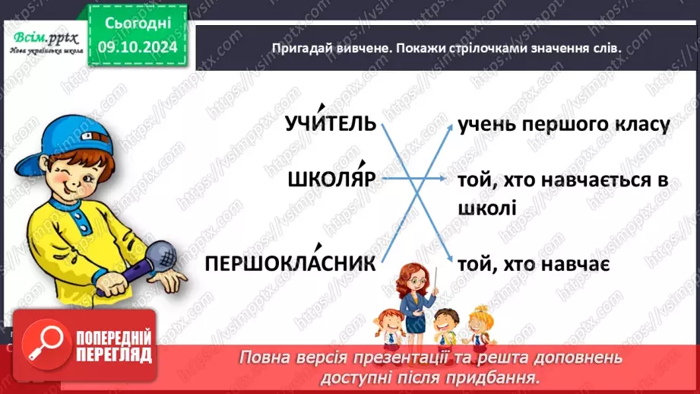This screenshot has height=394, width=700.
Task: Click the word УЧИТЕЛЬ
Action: click(331, 124)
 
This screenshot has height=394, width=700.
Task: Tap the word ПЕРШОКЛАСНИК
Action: click(291, 264)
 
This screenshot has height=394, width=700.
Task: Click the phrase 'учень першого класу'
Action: click(563, 125)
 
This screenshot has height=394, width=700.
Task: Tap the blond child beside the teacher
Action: click(478, 326)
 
